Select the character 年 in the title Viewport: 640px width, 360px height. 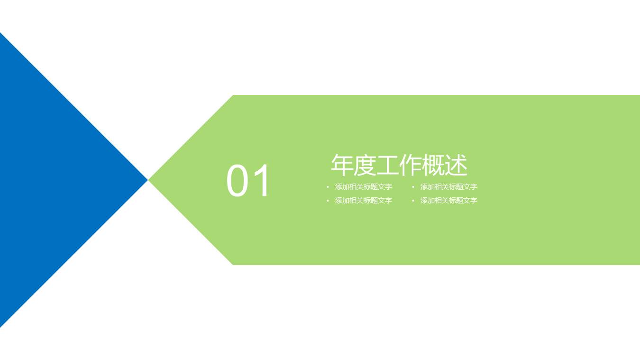[342, 165]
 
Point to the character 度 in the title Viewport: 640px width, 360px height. [365, 165]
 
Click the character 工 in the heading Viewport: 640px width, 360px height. [387, 165]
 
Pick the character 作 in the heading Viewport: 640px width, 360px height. [410, 165]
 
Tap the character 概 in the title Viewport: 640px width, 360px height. [433, 165]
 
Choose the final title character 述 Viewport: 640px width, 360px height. [456, 165]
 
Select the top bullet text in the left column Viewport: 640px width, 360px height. [363, 187]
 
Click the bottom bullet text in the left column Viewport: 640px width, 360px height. [363, 201]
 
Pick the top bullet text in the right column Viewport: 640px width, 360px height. [448, 187]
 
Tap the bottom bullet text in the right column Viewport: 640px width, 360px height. [448, 201]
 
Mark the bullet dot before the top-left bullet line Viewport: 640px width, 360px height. [328, 187]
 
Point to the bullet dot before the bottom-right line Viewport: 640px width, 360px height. [413, 201]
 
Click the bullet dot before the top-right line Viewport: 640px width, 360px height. [413, 187]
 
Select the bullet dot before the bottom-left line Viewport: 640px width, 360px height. [328, 201]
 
